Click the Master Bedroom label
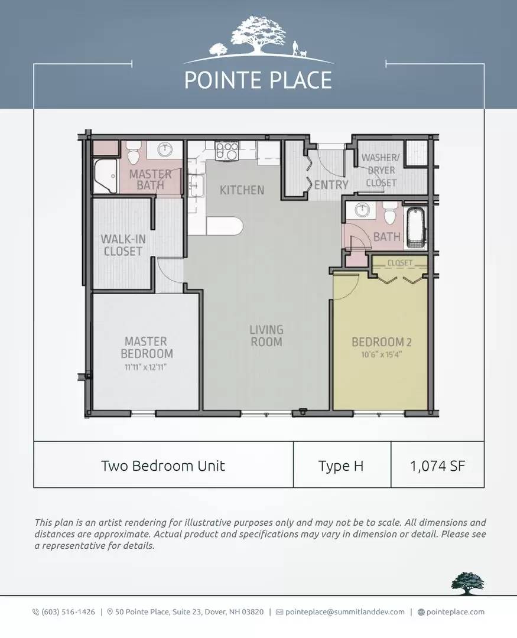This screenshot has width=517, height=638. click(x=147, y=347)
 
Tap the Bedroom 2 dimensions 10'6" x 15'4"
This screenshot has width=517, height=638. click(x=382, y=354)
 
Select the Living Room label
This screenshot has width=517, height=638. click(x=266, y=336)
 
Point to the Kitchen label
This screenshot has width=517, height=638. click(x=242, y=190)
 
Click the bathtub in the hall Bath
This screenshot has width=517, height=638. click(x=415, y=228)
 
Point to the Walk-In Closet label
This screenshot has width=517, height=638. click(x=123, y=245)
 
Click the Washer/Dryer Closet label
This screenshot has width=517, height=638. click(x=381, y=170)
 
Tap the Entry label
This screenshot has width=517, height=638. click(x=331, y=185)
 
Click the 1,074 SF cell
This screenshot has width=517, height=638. click(x=438, y=465)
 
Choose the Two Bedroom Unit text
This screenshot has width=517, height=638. click(x=163, y=466)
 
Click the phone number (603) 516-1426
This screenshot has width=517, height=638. click(x=68, y=611)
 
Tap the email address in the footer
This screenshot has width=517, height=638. click(x=345, y=611)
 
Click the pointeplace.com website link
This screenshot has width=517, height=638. click(x=455, y=611)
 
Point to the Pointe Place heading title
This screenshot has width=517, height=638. click(x=258, y=80)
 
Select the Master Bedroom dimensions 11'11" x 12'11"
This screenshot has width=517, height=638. click(x=145, y=367)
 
